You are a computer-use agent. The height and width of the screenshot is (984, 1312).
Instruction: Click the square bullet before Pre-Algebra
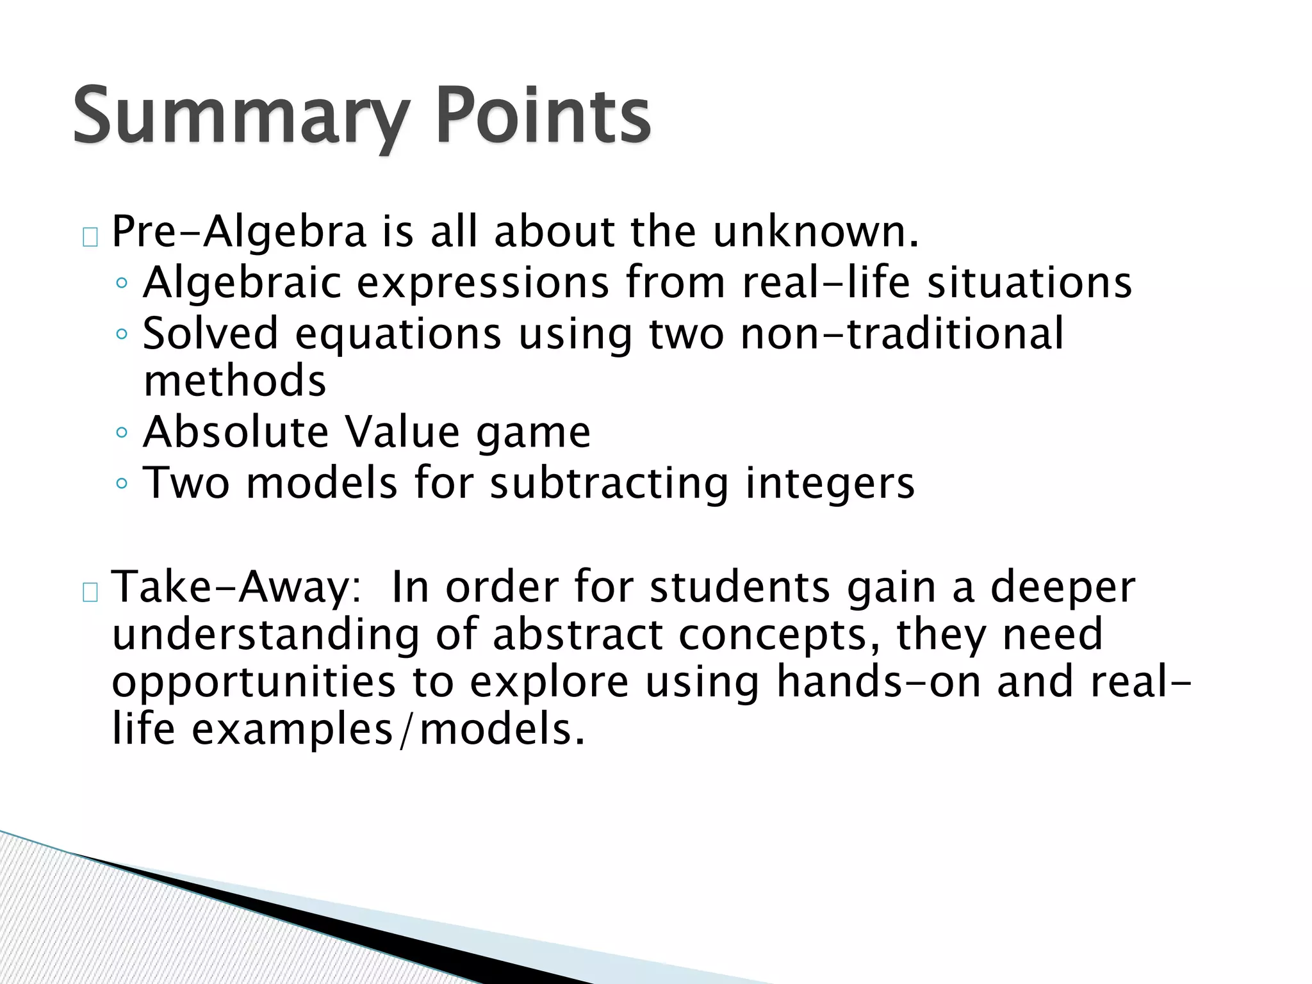tap(90, 237)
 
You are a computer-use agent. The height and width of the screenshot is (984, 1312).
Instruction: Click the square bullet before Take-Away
tap(90, 593)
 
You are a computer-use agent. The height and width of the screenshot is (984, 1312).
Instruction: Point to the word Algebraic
tap(242, 283)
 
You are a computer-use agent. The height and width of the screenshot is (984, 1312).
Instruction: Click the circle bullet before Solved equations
tap(122, 334)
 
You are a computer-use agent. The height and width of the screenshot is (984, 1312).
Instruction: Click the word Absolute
tap(236, 432)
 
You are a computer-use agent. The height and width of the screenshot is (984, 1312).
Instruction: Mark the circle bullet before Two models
tap(122, 483)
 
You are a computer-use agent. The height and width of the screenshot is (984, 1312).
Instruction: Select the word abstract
tap(577, 634)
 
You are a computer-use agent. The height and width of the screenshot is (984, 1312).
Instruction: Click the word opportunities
tap(254, 683)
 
